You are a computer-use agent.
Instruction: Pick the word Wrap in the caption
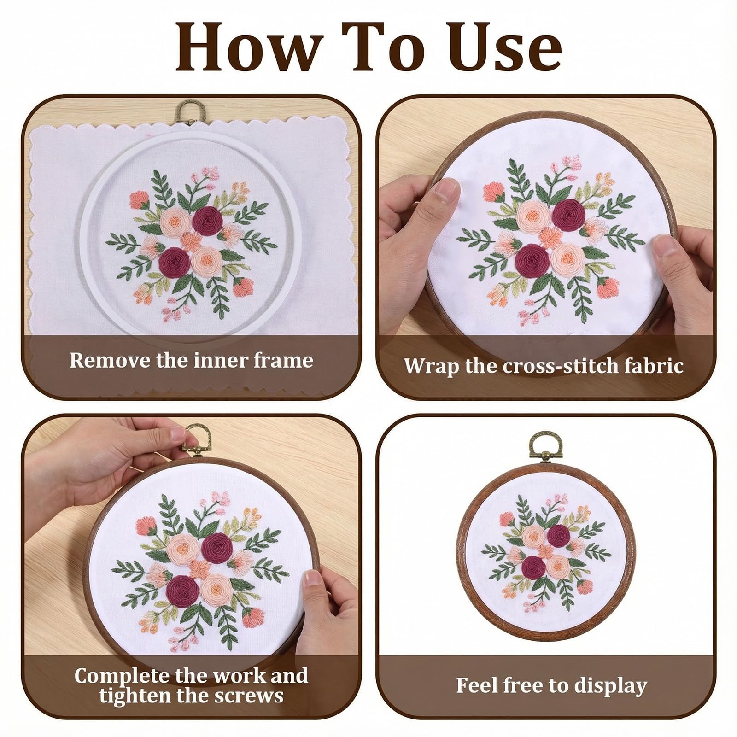(431, 367)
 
